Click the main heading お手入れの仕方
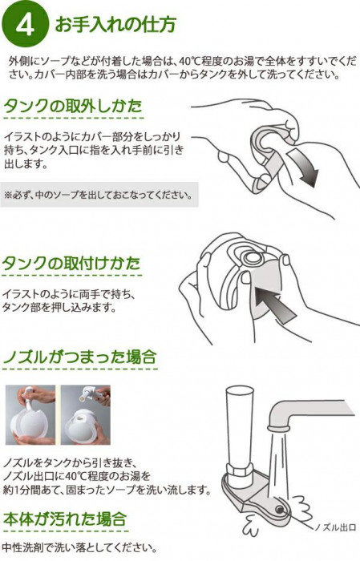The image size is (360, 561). (x=115, y=25)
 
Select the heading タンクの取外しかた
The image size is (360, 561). (x=73, y=106)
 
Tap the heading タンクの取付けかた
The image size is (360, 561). (x=71, y=264)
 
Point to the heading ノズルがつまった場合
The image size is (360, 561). (x=80, y=357)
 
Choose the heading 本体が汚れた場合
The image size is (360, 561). (x=65, y=519)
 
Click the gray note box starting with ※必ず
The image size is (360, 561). (x=99, y=195)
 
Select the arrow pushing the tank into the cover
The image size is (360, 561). (x=273, y=304)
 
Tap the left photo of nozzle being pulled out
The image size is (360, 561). (x=30, y=414)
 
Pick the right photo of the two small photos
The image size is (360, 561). (x=86, y=414)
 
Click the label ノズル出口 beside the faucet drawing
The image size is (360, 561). (x=334, y=527)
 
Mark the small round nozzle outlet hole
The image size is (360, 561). (x=280, y=509)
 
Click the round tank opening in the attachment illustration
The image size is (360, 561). (x=253, y=257)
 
